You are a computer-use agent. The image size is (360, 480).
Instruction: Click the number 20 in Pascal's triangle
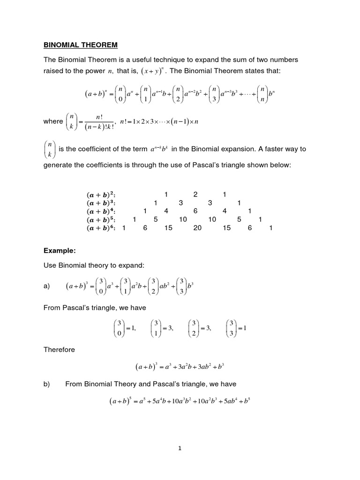[x=197, y=228]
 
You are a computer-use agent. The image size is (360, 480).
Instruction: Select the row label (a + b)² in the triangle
[x=101, y=195]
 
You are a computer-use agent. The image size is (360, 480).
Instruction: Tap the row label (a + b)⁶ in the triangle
[x=101, y=228]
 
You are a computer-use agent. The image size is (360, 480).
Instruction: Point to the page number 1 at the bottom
[x=180, y=448]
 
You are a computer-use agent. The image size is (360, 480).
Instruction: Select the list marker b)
[x=46, y=384]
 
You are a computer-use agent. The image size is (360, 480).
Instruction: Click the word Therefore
[x=59, y=350]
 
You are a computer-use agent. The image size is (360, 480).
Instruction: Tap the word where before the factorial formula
[x=53, y=121]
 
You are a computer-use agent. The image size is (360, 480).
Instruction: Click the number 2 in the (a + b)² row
[x=195, y=195]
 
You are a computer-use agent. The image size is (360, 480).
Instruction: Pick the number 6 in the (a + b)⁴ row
[x=195, y=211]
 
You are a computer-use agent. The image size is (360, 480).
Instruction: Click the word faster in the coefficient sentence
[x=276, y=149]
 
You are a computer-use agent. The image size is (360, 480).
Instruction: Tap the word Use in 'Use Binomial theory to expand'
[x=50, y=265]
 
